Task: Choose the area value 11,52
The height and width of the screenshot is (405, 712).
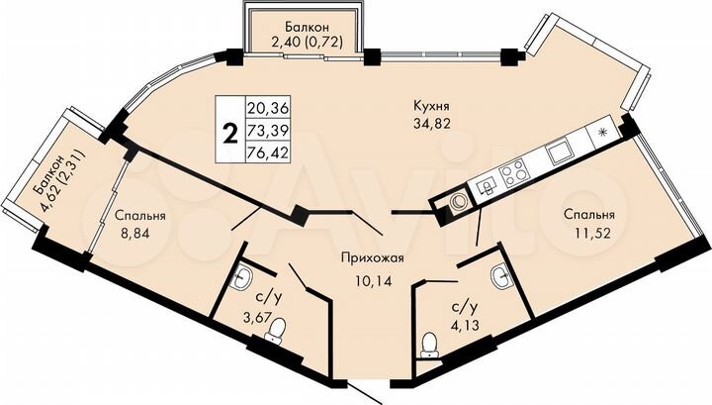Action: (590, 235)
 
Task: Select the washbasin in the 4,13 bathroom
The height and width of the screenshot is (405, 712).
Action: (501, 278)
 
